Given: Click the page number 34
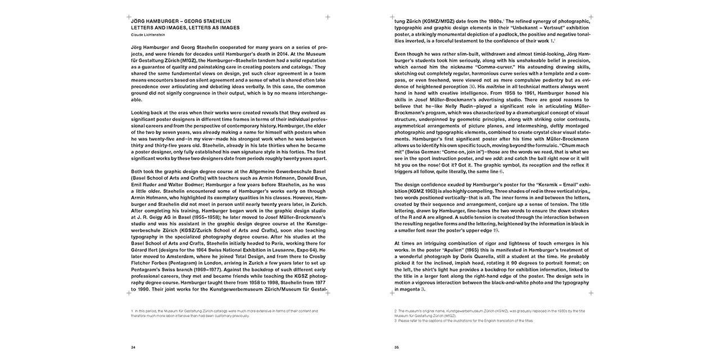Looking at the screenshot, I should tap(133, 347).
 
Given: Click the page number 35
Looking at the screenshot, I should tap(397, 347).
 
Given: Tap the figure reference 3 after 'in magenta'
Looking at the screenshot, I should tap(422, 289).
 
